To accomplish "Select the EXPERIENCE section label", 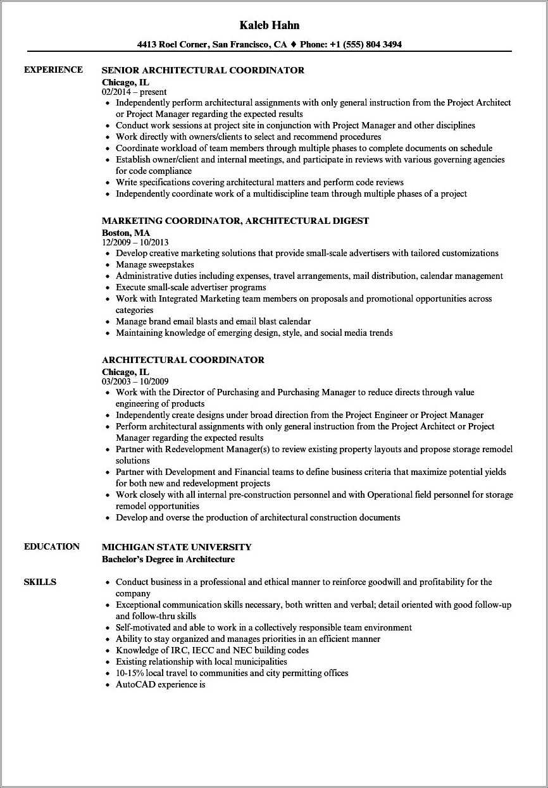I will point(53,70).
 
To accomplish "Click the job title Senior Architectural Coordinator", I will point(202,70).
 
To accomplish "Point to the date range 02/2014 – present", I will point(134,92).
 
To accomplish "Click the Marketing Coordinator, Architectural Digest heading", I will point(235,221).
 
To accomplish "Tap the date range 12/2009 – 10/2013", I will point(135,242).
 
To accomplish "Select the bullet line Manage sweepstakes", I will point(154,264).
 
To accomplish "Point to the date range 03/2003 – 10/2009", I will point(135,381).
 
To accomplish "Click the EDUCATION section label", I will point(52,547).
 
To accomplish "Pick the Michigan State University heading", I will point(177,547).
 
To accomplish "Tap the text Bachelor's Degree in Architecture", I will point(168,559).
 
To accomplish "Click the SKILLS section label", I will point(40,582).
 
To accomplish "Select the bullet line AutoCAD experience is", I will point(160,684).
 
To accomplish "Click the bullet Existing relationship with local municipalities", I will point(201,662).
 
